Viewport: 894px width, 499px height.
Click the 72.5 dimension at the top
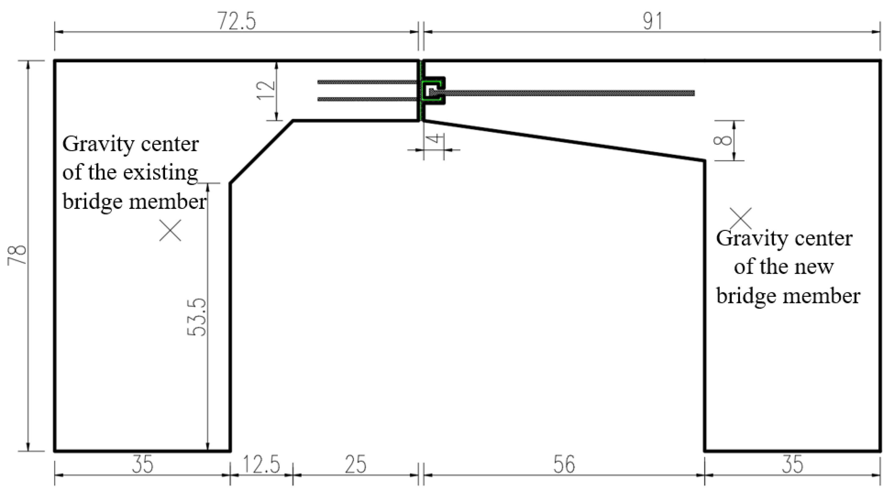(237, 22)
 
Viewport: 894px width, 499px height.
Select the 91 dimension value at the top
(652, 22)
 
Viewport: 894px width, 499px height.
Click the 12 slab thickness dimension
(267, 91)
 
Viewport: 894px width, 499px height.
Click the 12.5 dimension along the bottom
(261, 465)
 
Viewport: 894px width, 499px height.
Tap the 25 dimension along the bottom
(355, 465)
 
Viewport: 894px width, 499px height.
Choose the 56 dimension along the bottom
(564, 465)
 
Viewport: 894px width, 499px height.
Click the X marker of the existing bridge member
(170, 230)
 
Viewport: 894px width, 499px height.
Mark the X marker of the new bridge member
(741, 219)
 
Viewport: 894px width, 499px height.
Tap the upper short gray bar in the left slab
(366, 82)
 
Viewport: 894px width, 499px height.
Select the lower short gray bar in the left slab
(366, 99)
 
